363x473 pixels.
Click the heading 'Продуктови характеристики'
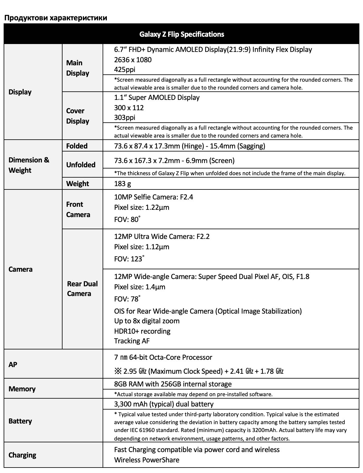(56, 18)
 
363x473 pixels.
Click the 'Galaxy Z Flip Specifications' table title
(181, 34)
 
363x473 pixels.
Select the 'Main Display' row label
(78, 68)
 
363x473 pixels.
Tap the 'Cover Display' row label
(78, 116)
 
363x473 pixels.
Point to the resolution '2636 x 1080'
(133, 60)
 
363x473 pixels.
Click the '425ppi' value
(125, 69)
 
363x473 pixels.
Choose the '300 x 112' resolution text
(129, 107)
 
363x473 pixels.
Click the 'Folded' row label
(77, 146)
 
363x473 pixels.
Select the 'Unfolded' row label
(81, 165)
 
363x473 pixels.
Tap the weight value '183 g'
(123, 183)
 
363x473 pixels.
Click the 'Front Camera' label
(78, 209)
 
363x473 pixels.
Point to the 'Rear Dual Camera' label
(82, 288)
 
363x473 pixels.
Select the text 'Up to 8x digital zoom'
(147, 321)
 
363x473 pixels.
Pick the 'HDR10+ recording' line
(142, 331)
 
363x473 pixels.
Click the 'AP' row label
(13, 364)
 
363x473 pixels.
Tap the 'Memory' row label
(22, 389)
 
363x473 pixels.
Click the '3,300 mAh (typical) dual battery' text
(164, 404)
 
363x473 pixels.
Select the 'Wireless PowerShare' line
(147, 460)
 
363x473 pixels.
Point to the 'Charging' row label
(22, 455)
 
